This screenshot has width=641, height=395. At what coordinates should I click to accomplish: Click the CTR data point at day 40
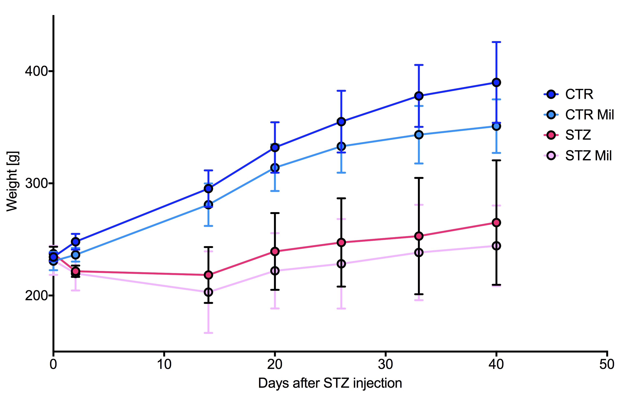pyautogui.click(x=496, y=82)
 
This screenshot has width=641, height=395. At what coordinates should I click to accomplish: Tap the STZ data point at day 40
pyautogui.click(x=496, y=223)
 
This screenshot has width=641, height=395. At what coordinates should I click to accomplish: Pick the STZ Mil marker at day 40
pyautogui.click(x=496, y=246)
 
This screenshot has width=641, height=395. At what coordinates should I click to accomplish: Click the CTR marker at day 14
pyautogui.click(x=208, y=188)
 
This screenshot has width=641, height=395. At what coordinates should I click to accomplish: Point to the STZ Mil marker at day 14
pyautogui.click(x=208, y=292)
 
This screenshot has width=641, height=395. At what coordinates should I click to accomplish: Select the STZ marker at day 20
pyautogui.click(x=275, y=252)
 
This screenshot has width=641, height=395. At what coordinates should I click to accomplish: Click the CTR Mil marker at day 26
pyautogui.click(x=341, y=146)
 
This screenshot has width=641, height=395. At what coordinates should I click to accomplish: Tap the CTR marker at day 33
pyautogui.click(x=419, y=96)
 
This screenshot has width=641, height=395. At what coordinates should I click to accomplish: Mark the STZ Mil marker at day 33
pyautogui.click(x=419, y=253)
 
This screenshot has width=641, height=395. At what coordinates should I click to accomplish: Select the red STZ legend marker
pyautogui.click(x=551, y=135)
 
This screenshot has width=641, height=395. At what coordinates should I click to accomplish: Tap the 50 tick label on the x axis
pyautogui.click(x=607, y=364)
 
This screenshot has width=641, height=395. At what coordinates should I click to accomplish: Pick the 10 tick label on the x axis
pyautogui.click(x=164, y=364)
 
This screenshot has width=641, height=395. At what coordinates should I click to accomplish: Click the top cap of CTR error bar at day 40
pyautogui.click(x=496, y=42)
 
